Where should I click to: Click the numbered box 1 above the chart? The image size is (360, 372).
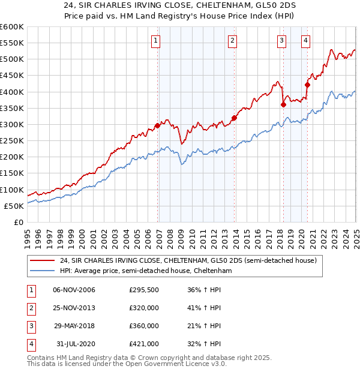(156, 41)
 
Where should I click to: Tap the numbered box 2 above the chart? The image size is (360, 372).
(232, 41)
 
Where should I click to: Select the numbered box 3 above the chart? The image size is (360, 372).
(281, 41)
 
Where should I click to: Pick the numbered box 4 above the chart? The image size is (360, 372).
(305, 41)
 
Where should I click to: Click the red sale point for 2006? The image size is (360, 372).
(157, 125)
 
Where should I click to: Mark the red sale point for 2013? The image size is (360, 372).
(234, 118)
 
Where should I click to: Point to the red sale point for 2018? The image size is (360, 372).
(283, 104)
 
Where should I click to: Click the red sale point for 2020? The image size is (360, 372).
(307, 85)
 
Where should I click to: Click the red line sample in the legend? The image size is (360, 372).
(42, 260)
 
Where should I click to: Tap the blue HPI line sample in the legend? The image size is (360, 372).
(42, 271)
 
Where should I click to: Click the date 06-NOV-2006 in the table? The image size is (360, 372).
(74, 290)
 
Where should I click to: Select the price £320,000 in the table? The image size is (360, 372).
(144, 308)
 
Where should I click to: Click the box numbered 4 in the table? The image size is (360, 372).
(31, 344)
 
